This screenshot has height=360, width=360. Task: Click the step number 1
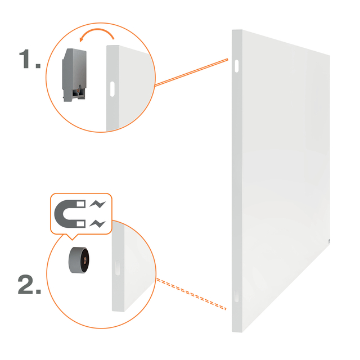click(29, 58)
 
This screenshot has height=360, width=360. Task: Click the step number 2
click(29, 285)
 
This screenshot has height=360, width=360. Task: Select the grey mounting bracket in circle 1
click(74, 75)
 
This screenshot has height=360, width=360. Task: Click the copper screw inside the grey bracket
click(79, 90)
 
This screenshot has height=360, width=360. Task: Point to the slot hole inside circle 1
click(112, 89)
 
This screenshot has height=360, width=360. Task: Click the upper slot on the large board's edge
click(236, 66)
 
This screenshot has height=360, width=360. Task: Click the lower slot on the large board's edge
click(236, 296)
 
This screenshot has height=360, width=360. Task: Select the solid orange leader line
click(191, 73)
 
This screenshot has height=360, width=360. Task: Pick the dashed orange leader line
click(191, 294)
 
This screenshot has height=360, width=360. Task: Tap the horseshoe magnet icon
click(70, 214)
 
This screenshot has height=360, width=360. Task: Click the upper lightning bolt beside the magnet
click(97, 204)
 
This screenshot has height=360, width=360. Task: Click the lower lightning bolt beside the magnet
click(97, 224)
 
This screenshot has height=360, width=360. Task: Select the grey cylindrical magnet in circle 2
click(79, 260)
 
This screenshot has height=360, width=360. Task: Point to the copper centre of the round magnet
click(85, 260)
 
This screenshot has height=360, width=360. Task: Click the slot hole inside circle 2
click(118, 268)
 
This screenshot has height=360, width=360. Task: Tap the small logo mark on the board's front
click(328, 241)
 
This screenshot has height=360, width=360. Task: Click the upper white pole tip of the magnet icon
click(81, 204)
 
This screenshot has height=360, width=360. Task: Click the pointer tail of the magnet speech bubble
click(72, 237)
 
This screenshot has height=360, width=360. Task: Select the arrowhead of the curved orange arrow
click(81, 39)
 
